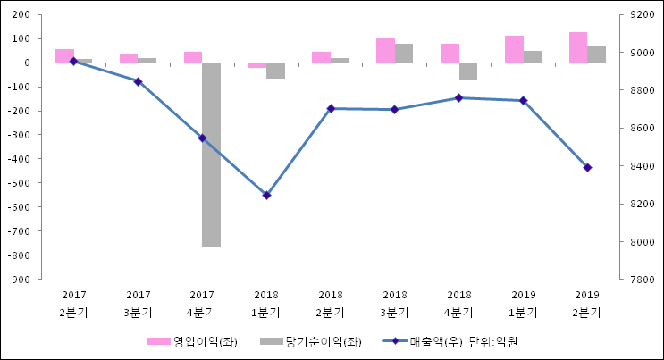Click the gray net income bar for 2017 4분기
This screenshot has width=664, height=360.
[x=211, y=155]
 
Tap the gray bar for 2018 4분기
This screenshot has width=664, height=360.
[x=467, y=71]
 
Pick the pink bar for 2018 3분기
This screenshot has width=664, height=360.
[x=385, y=51]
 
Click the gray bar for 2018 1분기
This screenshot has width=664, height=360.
[x=275, y=71]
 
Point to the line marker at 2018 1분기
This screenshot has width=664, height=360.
[x=266, y=195]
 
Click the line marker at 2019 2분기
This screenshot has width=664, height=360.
[x=587, y=167]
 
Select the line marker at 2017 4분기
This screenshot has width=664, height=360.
[x=202, y=138]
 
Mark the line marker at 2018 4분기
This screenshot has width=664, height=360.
[x=458, y=97]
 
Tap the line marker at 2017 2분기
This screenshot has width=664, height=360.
[x=73, y=61]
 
